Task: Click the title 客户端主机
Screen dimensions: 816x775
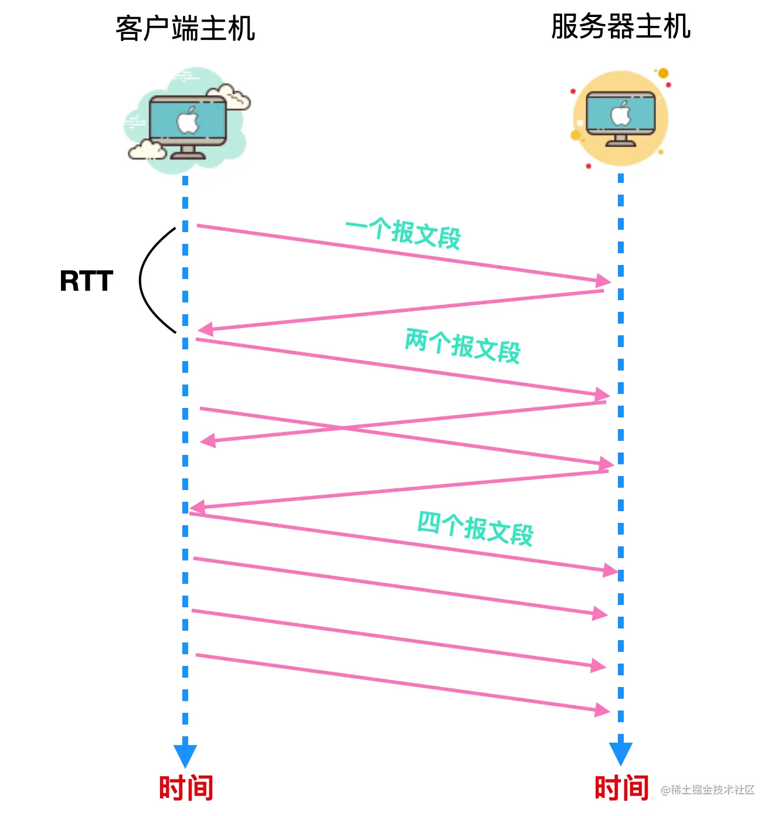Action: pyautogui.click(x=185, y=29)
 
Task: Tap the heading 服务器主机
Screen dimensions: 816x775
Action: pyautogui.click(x=620, y=26)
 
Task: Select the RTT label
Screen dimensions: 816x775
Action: pyautogui.click(x=86, y=281)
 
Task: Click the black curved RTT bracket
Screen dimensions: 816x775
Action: pyautogui.click(x=144, y=280)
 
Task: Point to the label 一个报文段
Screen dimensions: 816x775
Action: pyautogui.click(x=403, y=233)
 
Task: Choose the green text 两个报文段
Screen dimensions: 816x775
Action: pyautogui.click(x=463, y=346)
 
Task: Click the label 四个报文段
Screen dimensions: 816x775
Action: pyautogui.click(x=475, y=528)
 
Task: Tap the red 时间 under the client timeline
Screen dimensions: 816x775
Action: pyautogui.click(x=186, y=787)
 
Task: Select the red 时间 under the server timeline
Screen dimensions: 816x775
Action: pyautogui.click(x=621, y=787)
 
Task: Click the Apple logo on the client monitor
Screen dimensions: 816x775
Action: pyautogui.click(x=188, y=121)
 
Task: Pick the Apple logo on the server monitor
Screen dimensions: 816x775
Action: pyautogui.click(x=621, y=114)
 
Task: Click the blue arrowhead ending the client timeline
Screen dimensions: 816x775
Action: pyautogui.click(x=185, y=754)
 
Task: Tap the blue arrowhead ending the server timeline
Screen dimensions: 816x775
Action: pyautogui.click(x=621, y=753)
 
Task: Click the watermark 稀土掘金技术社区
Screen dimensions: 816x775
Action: pyautogui.click(x=708, y=790)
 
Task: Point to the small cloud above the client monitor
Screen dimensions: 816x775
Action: pyautogui.click(x=230, y=97)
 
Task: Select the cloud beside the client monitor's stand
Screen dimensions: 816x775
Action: pyautogui.click(x=147, y=151)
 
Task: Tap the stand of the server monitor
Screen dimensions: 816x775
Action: pyautogui.click(x=621, y=141)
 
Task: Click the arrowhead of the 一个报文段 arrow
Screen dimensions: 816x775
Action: pyautogui.click(x=603, y=280)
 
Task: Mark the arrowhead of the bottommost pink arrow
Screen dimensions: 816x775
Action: pyautogui.click(x=602, y=710)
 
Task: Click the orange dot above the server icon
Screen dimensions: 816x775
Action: pyautogui.click(x=663, y=73)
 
